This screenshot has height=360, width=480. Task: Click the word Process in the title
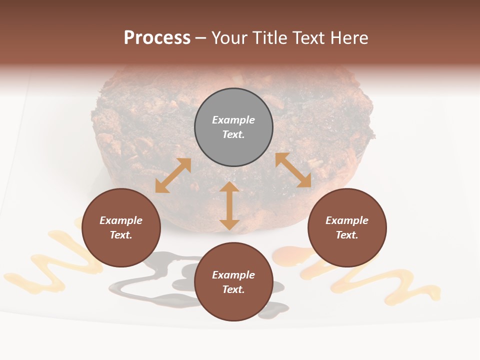157,38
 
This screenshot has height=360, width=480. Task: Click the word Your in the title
229,38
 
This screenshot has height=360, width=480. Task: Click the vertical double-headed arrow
229,205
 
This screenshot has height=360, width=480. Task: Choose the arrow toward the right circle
293,170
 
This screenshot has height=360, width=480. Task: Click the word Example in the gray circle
233,120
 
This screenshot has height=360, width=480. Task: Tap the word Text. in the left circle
121,235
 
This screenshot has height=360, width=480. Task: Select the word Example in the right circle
347,220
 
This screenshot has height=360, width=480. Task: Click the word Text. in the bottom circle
233,289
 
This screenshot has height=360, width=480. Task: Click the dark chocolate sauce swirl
150,285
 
